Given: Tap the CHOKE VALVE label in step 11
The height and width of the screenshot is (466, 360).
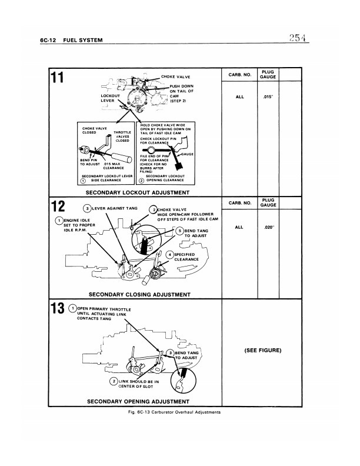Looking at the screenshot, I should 175,76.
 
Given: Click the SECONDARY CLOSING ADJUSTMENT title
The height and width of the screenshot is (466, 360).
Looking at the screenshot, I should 139,294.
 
